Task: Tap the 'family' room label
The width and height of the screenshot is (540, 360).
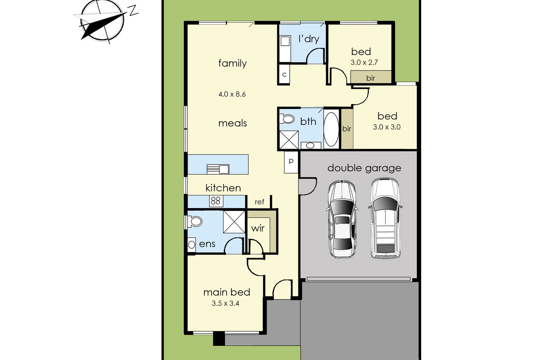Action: [x=233, y=63]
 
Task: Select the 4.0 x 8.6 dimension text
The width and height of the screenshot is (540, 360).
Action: [x=232, y=94]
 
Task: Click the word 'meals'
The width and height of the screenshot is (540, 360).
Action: [x=233, y=123]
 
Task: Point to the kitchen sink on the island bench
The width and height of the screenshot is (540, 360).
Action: [x=218, y=169]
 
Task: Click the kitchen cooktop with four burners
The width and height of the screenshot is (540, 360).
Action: [x=216, y=201]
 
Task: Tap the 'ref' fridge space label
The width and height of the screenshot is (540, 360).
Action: [x=260, y=202]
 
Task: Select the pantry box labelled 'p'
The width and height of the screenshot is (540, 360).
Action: [x=291, y=162]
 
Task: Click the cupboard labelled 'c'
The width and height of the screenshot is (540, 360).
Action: [x=284, y=74]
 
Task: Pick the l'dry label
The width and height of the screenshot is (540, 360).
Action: [x=309, y=39]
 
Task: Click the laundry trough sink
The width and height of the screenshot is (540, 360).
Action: [x=285, y=41]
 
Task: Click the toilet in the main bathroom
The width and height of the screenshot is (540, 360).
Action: [x=287, y=119]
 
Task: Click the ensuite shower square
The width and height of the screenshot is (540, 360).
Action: [x=234, y=222]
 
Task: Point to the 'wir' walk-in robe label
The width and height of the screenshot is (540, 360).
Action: [x=258, y=228]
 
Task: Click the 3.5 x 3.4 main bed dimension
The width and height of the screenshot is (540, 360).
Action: [x=225, y=303]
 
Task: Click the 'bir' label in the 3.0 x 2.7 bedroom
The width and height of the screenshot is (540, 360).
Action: [x=370, y=78]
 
